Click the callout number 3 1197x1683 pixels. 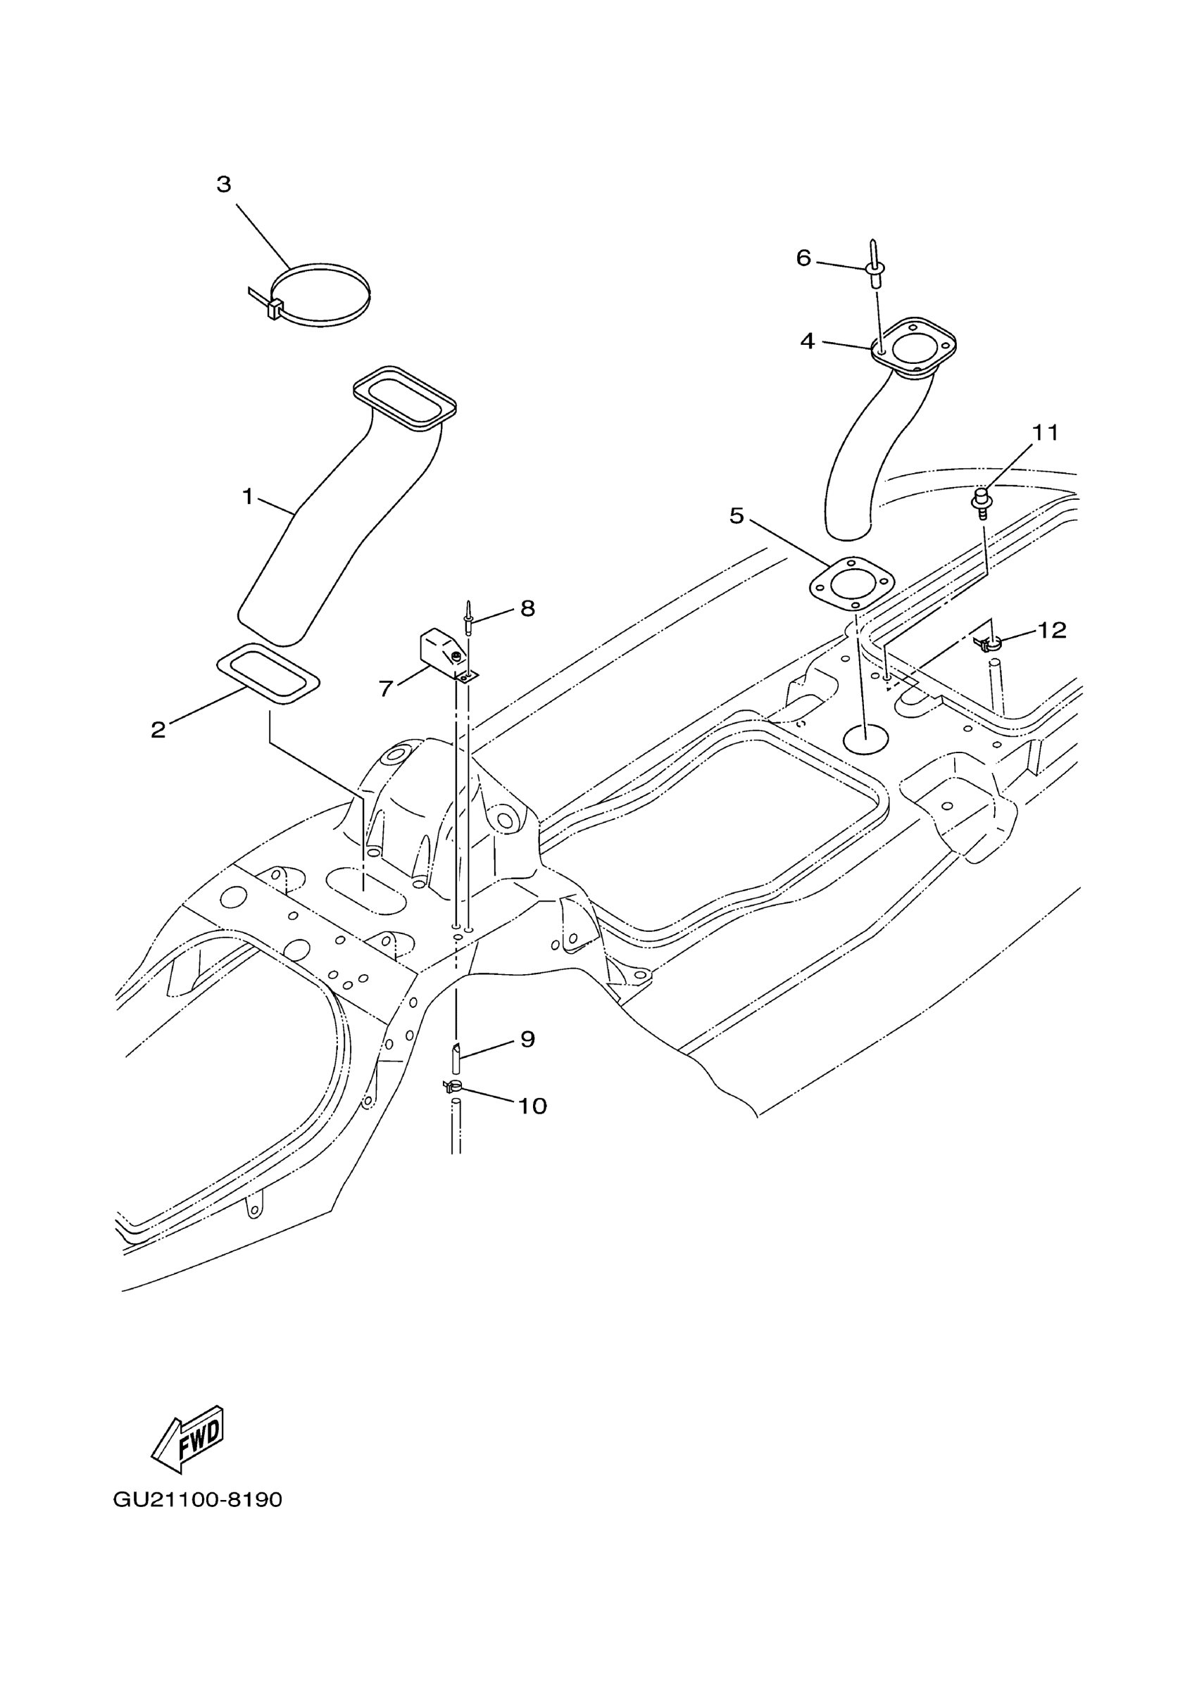[224, 184]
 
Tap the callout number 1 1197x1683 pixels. [248, 498]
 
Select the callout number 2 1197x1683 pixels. [158, 730]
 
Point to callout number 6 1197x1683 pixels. [803, 258]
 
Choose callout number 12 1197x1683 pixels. [1052, 630]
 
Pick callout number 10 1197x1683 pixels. [532, 1106]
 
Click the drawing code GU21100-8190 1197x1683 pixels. [198, 1500]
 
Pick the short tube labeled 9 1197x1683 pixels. [456, 1059]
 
